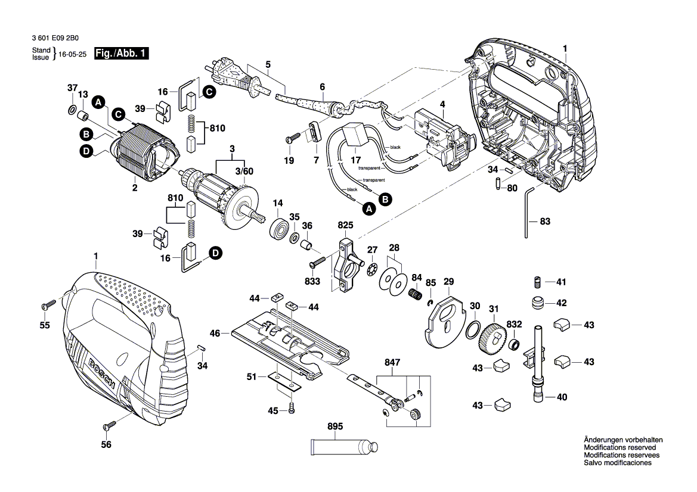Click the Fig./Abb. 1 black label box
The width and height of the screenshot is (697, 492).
tap(125, 54)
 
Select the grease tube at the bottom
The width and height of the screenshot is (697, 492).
tap(342, 446)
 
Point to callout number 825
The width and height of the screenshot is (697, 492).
tap(346, 225)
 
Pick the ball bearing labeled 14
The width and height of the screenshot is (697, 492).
tap(278, 228)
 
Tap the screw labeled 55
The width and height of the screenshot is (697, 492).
tap(48, 305)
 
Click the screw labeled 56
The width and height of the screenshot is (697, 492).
tap(110, 425)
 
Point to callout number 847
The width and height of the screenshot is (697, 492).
tap(394, 362)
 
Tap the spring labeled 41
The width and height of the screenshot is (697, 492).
tap(537, 281)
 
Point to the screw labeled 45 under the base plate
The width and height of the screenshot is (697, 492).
tap(292, 410)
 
